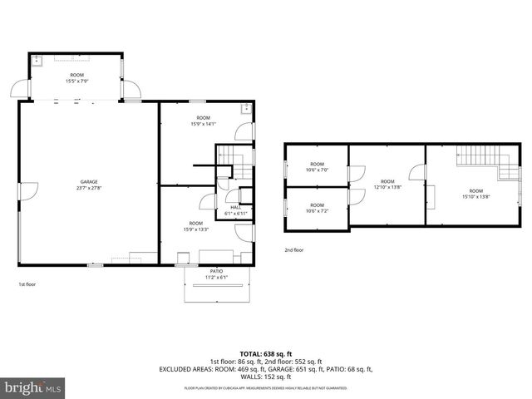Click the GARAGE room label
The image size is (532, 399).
tap(89, 182)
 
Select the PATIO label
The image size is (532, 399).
tap(216, 271)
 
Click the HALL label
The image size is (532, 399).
tap(235, 208)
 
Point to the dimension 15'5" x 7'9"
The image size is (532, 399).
tap(76, 81)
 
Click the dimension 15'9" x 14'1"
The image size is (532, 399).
tap(204, 124)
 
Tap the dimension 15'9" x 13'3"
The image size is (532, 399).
tap(196, 229)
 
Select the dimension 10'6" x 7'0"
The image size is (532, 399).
tap(317, 170)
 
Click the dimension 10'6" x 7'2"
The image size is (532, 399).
tap(317, 211)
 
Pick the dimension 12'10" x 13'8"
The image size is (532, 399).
tap(387, 187)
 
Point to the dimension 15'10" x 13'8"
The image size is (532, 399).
tap(475, 196)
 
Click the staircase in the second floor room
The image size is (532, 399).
tap(477, 155)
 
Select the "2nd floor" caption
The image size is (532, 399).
tap(294, 249)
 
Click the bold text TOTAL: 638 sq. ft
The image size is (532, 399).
tap(266, 354)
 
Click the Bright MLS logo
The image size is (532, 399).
tap(33, 387)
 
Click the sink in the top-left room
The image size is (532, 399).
tap(37, 61)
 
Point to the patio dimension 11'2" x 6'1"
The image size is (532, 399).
tap(216, 278)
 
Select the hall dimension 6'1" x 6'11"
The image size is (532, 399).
tap(235, 214)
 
